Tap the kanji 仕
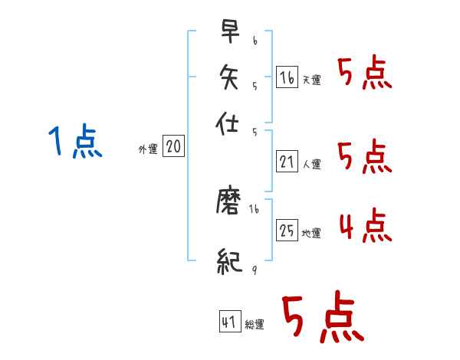pyautogui.click(x=229, y=121)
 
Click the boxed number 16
pyautogui.click(x=287, y=77)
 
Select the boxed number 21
pyautogui.click(x=287, y=162)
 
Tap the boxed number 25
pyautogui.click(x=287, y=230)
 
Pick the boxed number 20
pyautogui.click(x=173, y=147)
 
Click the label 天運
pyautogui.click(x=311, y=80)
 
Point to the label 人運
pyautogui.click(x=311, y=164)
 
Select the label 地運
pyautogui.click(x=311, y=233)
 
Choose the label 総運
pyautogui.click(x=254, y=324)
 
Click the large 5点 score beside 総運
pyautogui.click(x=323, y=317)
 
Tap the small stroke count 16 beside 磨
pyautogui.click(x=254, y=208)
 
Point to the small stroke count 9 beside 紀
pyautogui.click(x=254, y=269)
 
